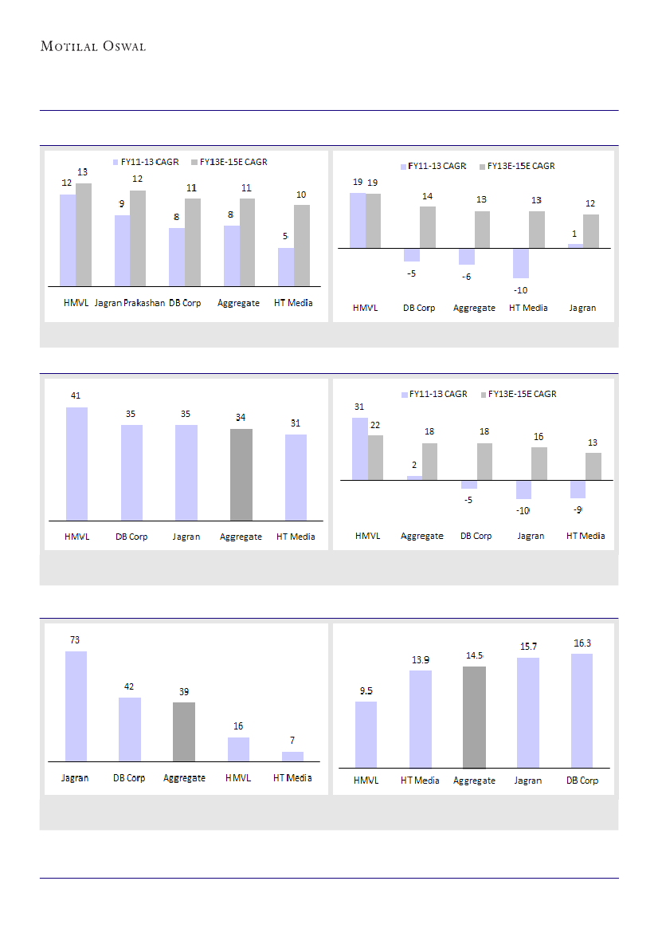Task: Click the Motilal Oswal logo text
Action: point(93,46)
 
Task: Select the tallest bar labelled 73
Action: point(76,706)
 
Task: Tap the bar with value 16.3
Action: point(582,710)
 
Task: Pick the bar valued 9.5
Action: point(366,734)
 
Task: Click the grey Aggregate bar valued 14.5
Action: point(474,717)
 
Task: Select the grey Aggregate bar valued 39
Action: point(184,731)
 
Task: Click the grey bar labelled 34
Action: point(241,474)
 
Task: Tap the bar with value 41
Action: point(76,463)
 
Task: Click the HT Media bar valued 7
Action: point(292,756)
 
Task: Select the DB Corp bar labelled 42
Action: point(129,729)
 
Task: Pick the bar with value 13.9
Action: point(421,718)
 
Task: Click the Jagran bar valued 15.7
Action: point(527,712)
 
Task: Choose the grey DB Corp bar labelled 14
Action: point(428,227)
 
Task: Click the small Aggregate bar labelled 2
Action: point(415,478)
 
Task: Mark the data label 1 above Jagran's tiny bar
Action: point(574,234)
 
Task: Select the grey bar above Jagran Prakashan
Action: point(138,238)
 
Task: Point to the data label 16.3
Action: point(582,643)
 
